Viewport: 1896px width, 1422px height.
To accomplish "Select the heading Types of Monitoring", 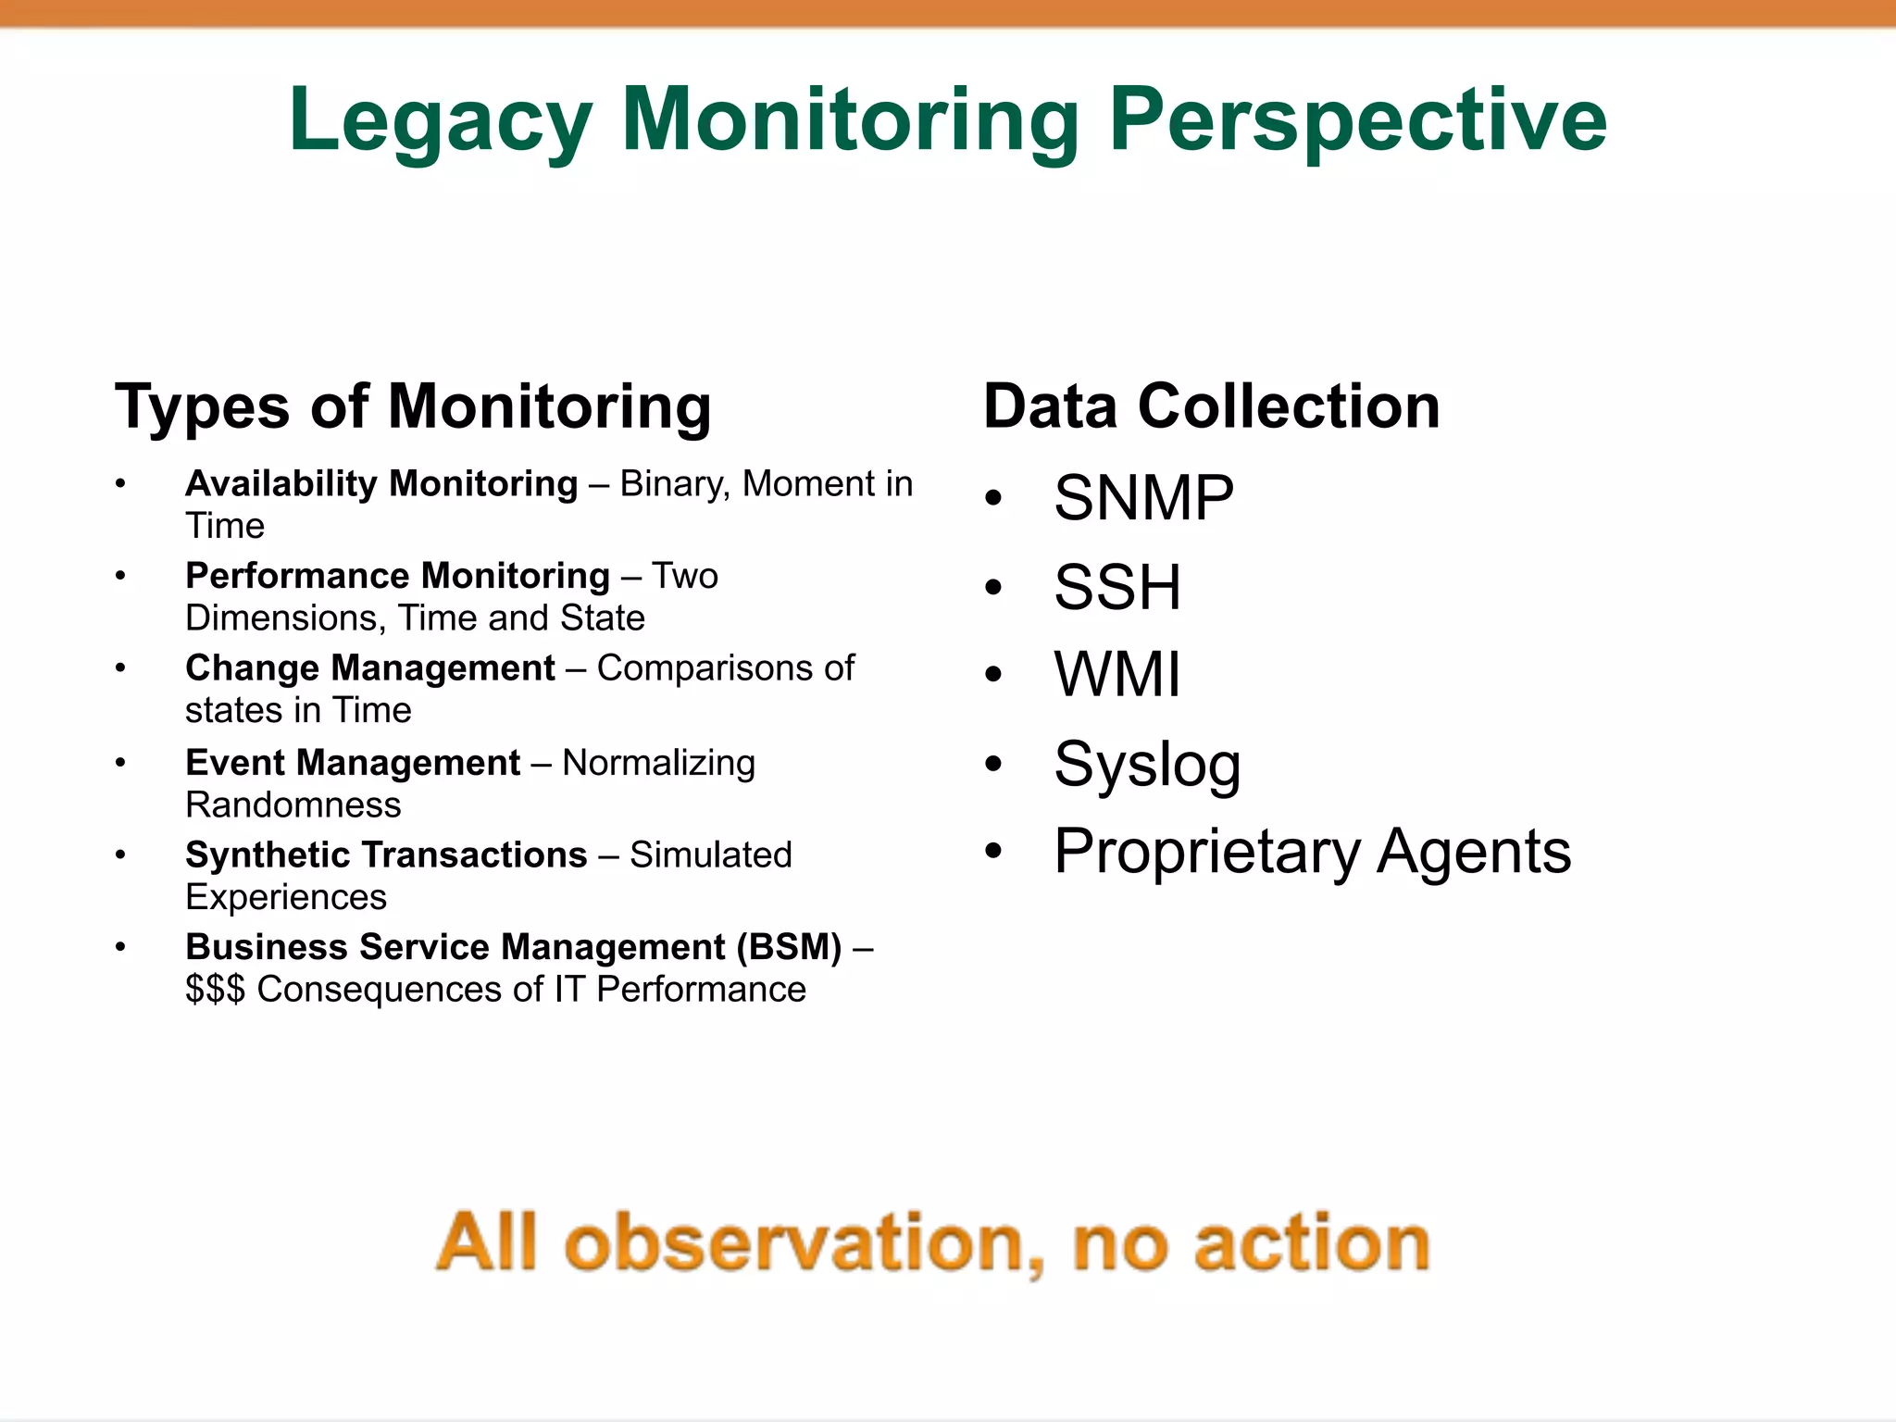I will click(x=413, y=406).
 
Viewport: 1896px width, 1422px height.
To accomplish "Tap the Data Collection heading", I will click(x=1211, y=406).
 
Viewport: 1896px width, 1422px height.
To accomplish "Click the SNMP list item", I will click(x=1143, y=498).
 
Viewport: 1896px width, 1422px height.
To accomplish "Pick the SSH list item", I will click(x=1117, y=587).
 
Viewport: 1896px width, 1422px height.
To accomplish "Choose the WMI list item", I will click(x=1117, y=674).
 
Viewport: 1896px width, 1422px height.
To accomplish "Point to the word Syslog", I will click(x=1147, y=765).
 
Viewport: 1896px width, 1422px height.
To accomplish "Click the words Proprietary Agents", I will click(x=1312, y=852).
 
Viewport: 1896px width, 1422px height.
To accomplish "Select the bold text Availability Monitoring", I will click(x=381, y=484).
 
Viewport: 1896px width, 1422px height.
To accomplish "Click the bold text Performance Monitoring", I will click(x=397, y=576).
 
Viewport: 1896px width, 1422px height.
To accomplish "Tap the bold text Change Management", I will click(x=369, y=668).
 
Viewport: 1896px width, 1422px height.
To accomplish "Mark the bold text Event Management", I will click(x=353, y=763).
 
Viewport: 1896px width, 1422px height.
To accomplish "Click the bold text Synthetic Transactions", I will click(x=386, y=854).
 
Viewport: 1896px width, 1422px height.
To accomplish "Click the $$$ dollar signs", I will click(x=215, y=990).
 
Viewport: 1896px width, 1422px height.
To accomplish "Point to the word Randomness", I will click(x=293, y=805).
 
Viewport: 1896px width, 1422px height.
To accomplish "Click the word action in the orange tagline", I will click(x=1312, y=1243).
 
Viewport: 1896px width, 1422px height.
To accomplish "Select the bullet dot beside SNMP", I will click(x=993, y=499).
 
